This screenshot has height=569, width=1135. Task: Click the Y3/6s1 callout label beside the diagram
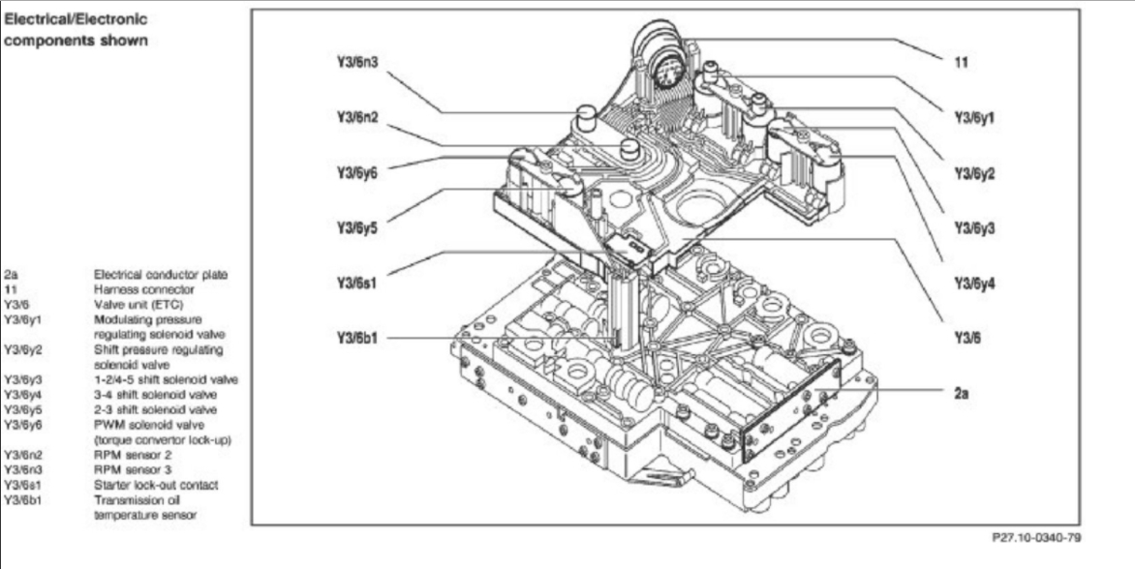[x=355, y=284]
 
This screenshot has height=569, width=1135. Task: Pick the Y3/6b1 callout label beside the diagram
[x=355, y=339]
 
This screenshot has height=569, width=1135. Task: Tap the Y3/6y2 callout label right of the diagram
[x=974, y=173]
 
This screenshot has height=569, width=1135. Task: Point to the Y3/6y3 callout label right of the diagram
[x=974, y=228]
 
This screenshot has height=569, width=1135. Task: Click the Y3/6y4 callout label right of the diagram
[x=974, y=284]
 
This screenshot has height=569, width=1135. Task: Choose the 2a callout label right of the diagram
[x=962, y=395]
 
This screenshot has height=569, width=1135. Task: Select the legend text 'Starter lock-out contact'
[x=155, y=485]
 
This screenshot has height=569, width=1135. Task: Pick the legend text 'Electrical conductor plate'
[x=161, y=274]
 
